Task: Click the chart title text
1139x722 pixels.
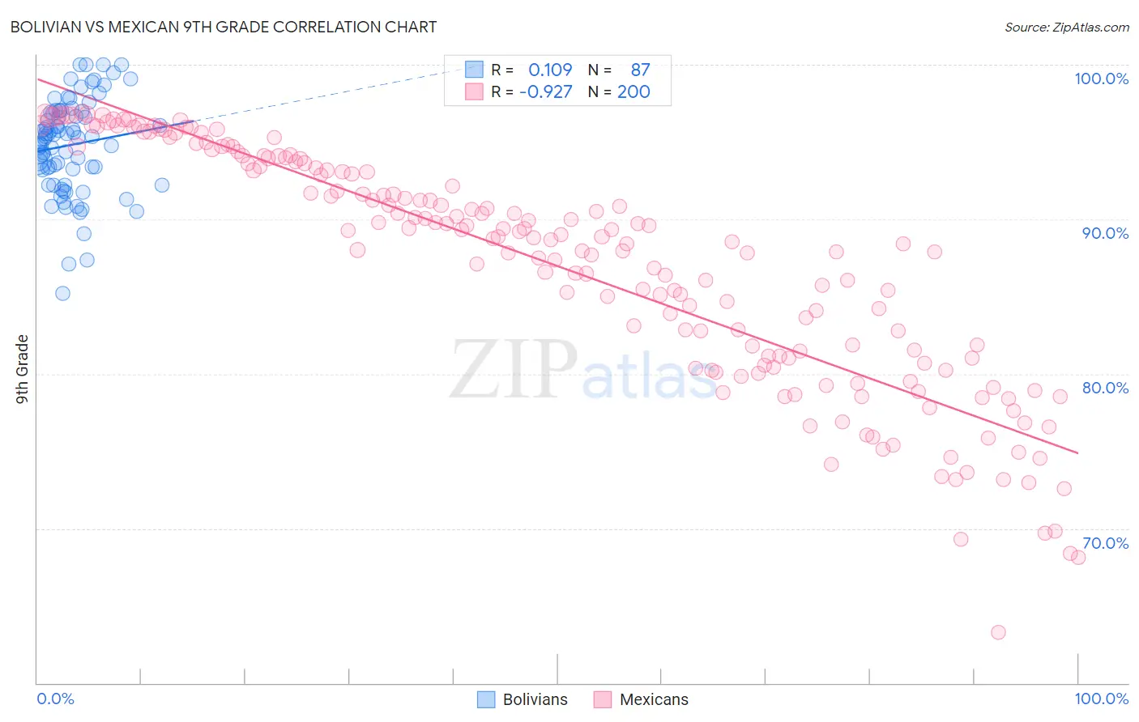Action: (x=223, y=27)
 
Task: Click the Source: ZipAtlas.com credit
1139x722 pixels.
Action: (x=1066, y=27)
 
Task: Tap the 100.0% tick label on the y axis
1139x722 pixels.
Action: (x=1101, y=79)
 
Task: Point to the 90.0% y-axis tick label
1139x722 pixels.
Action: (x=1105, y=233)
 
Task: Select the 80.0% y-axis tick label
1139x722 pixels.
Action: (x=1105, y=388)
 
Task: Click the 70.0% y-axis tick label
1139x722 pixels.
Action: (x=1105, y=543)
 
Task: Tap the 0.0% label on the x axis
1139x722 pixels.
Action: (x=55, y=699)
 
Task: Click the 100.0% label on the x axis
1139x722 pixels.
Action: (x=1101, y=699)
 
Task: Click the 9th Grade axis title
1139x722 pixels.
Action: (x=22, y=369)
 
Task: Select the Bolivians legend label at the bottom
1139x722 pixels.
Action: (x=535, y=699)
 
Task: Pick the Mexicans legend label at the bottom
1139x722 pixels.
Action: (x=654, y=699)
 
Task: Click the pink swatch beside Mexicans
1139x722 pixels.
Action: (x=602, y=699)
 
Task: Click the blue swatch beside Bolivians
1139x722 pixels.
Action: (x=486, y=699)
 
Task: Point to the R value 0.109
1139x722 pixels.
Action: (x=550, y=70)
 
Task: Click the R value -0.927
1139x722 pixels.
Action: (x=545, y=91)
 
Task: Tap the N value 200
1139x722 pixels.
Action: (x=633, y=91)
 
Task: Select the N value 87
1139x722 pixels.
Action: (x=640, y=70)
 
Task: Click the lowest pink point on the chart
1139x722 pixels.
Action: (x=998, y=632)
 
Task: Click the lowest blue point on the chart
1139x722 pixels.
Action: (x=62, y=293)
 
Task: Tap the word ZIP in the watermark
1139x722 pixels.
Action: (x=514, y=370)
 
